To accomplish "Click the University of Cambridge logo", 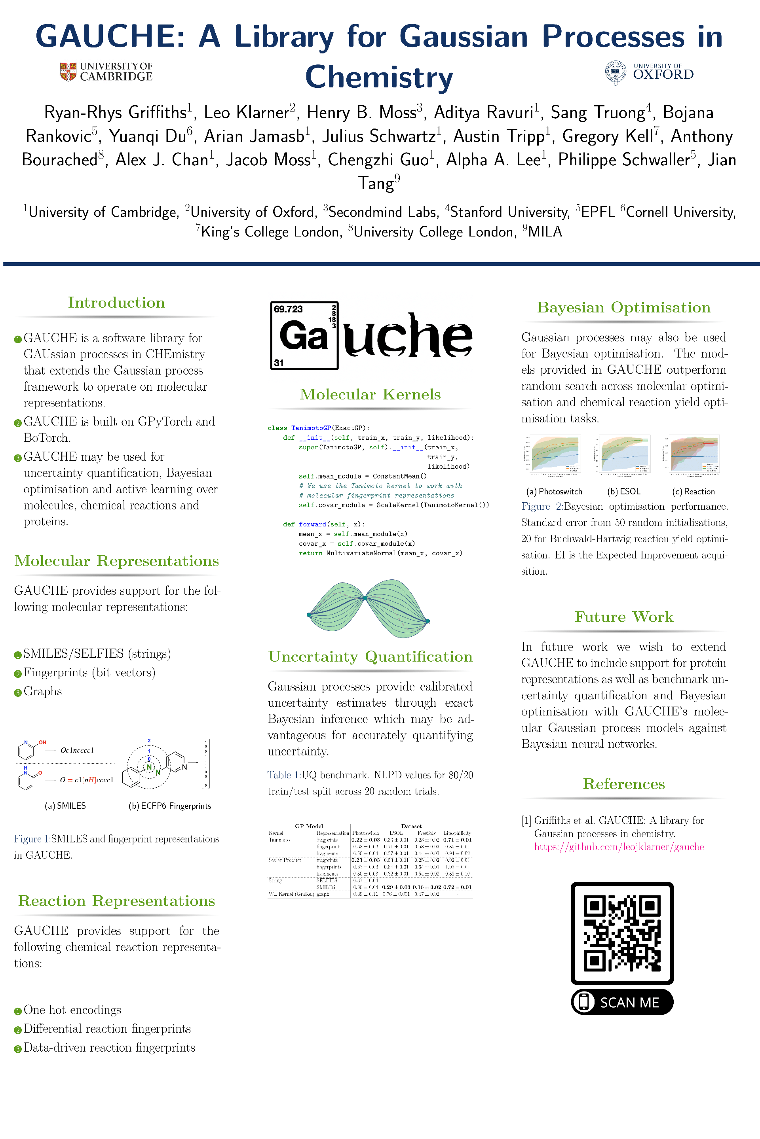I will coord(106,72).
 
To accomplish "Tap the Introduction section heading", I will coord(116,303).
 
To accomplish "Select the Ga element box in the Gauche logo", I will coord(304,336).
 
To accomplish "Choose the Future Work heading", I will coord(624,617).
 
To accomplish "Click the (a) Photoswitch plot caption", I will coord(554,492).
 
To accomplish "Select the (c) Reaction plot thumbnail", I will coord(693,453).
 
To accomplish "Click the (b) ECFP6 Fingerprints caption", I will coord(170,806).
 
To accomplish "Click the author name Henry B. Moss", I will coord(365,112).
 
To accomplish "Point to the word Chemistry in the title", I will coord(379,78).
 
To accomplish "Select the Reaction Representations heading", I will coord(116,901).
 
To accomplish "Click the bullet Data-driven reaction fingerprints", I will coord(109,1048).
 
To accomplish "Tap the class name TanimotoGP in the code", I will coord(311,428).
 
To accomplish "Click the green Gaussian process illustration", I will coord(369,608).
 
